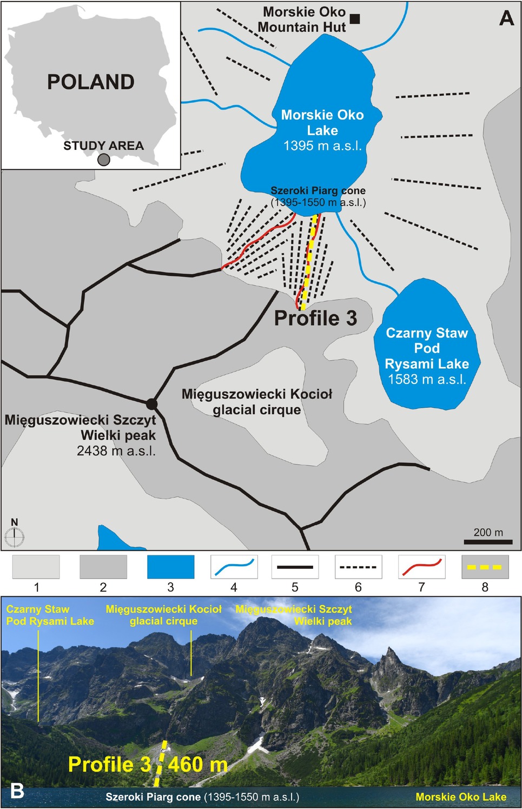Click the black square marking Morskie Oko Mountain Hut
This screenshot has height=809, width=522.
point(355,19)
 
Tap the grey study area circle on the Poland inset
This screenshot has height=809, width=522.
point(104,160)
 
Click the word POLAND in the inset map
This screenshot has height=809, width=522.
point(91,82)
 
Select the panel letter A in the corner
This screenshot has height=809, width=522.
point(506,18)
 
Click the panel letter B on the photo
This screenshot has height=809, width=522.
point(17,791)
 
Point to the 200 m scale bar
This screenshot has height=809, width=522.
point(488,542)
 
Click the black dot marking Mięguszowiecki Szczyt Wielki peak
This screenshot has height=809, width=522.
point(151,404)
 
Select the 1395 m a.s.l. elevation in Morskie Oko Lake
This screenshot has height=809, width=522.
point(322,145)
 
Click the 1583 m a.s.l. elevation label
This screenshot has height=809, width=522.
point(427,379)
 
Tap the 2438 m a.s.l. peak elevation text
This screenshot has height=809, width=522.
point(116,450)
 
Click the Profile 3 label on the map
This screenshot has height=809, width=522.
point(315,318)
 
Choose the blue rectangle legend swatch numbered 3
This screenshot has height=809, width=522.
point(170,567)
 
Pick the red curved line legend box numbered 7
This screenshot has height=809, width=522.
point(421,567)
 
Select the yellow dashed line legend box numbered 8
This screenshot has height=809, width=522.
point(485,567)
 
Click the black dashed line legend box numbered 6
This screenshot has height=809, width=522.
point(358,567)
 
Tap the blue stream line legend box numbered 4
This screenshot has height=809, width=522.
point(234,567)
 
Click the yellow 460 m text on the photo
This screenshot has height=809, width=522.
point(198,765)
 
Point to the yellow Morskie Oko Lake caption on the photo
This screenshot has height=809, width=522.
point(461,797)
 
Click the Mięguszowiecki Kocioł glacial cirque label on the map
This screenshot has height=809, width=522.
point(257,402)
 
